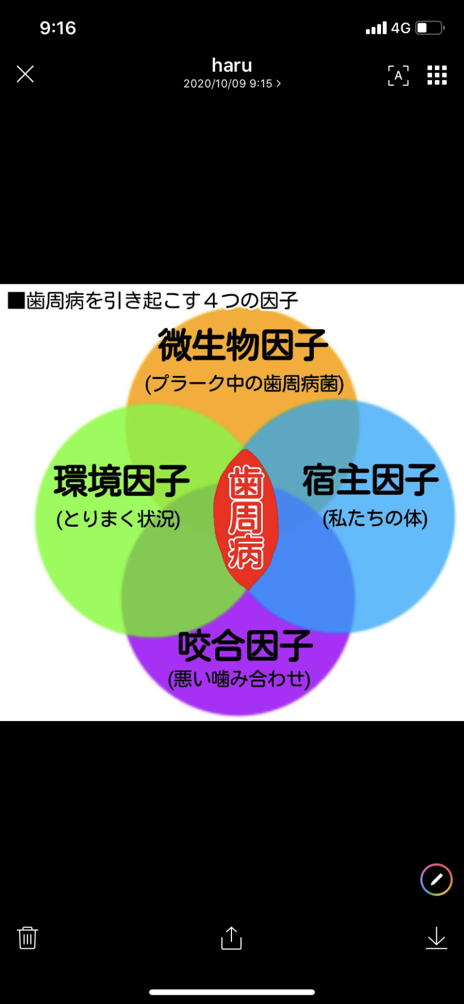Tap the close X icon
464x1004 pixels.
click(25, 74)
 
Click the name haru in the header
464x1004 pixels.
click(232, 65)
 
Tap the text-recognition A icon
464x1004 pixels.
click(398, 75)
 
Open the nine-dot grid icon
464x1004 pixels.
click(437, 75)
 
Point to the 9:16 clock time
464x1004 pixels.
click(58, 28)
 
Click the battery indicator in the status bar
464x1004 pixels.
click(430, 28)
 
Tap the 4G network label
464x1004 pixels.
click(401, 28)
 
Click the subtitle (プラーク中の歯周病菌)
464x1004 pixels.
click(244, 383)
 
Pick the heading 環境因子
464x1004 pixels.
click(122, 481)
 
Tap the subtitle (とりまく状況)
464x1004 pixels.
click(118, 519)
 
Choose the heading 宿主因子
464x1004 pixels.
click(371, 480)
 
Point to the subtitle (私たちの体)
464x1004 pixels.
click(375, 518)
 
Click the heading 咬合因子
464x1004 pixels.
click(245, 646)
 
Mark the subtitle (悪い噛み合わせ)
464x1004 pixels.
click(239, 679)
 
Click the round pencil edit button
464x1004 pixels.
click(436, 879)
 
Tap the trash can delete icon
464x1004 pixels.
click(27, 937)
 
